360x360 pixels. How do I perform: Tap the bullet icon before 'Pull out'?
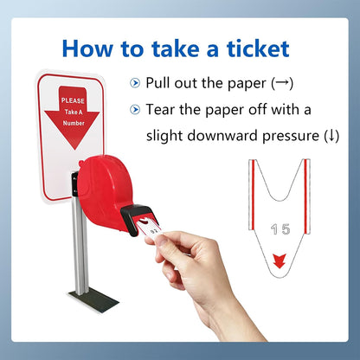133,83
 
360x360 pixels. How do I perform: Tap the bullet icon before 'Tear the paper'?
133,110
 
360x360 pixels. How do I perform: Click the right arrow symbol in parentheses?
281,83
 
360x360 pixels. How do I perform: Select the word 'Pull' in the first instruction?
159,83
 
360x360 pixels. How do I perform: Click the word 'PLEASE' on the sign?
74,100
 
